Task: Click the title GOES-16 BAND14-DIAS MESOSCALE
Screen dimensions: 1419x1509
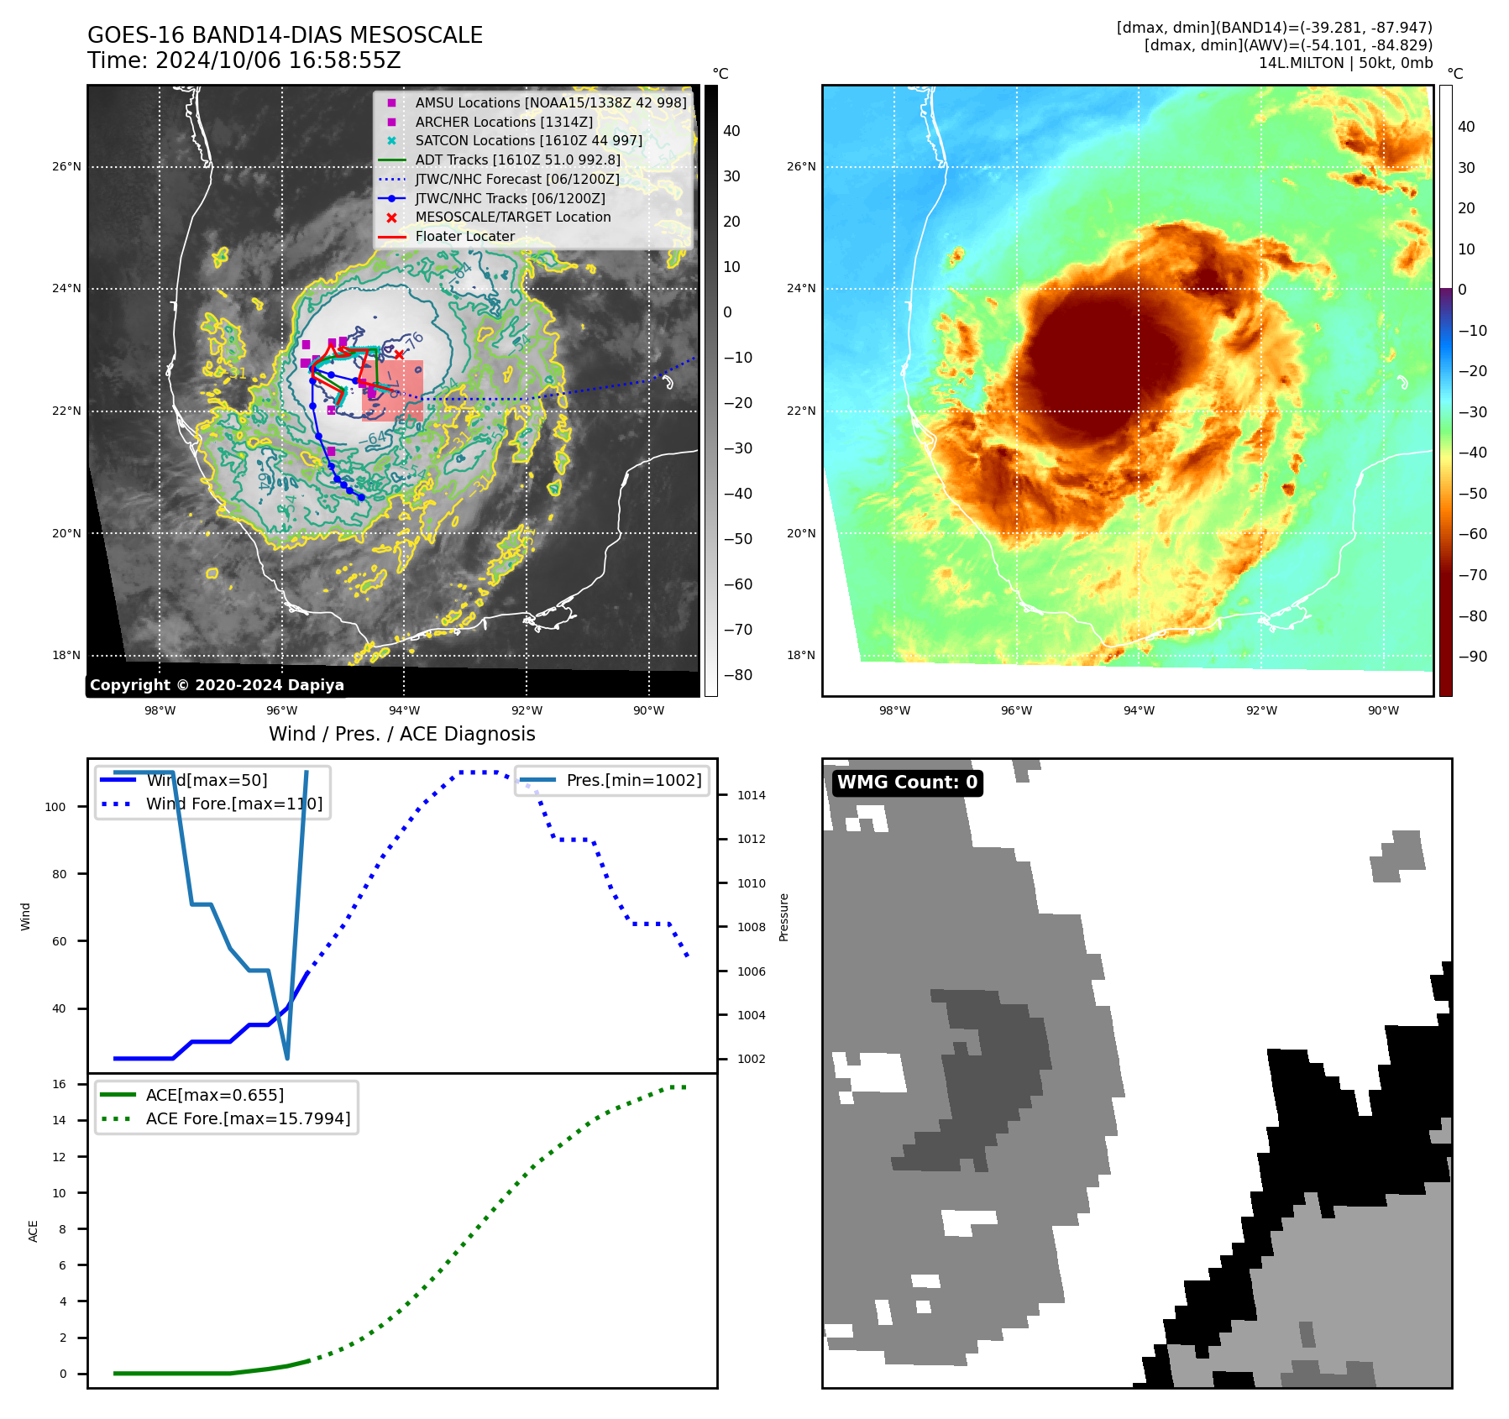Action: pos(285,35)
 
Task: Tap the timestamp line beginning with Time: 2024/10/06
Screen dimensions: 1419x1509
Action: pos(244,60)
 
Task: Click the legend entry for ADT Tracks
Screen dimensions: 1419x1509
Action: pos(517,160)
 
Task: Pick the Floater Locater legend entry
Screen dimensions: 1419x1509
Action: pos(464,236)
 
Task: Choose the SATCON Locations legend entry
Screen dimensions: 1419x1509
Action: pos(528,140)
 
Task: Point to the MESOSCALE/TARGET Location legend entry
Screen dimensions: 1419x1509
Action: pos(512,217)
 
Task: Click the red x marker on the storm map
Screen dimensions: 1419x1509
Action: pos(399,354)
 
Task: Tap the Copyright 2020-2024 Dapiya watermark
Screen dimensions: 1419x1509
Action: pos(217,685)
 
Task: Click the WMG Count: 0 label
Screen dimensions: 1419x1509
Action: pos(907,783)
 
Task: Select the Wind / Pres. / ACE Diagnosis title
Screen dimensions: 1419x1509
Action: pos(401,734)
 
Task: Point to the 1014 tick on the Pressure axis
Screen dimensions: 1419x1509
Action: pos(751,795)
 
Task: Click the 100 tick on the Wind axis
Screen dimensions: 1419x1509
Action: pos(55,807)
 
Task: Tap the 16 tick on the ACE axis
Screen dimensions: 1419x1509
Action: pos(59,1084)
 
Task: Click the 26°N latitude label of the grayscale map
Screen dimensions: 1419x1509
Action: pos(66,166)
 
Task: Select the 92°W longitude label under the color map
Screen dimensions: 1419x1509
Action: pos(1260,710)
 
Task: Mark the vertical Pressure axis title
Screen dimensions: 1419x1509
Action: pos(783,917)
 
